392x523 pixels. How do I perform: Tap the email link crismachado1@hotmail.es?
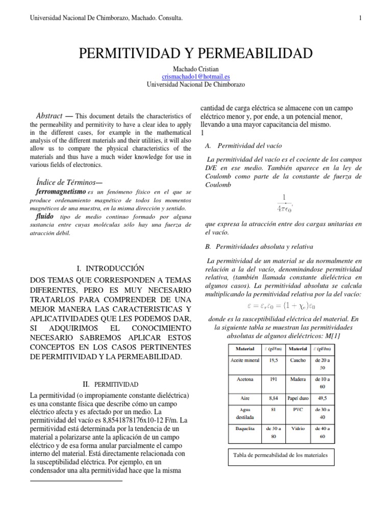pos(195,77)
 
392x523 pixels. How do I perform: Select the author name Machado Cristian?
pos(195,69)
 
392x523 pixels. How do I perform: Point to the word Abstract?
pos(50,116)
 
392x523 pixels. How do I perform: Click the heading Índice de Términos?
pos(69,182)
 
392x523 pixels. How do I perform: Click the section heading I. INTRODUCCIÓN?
pos(110,268)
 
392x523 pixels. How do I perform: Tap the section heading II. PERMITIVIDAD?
pos(110,384)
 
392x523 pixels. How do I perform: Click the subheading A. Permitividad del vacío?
pos(239,146)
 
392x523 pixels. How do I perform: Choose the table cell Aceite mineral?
pos(245,360)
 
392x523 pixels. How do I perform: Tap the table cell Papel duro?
pos(298,397)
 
